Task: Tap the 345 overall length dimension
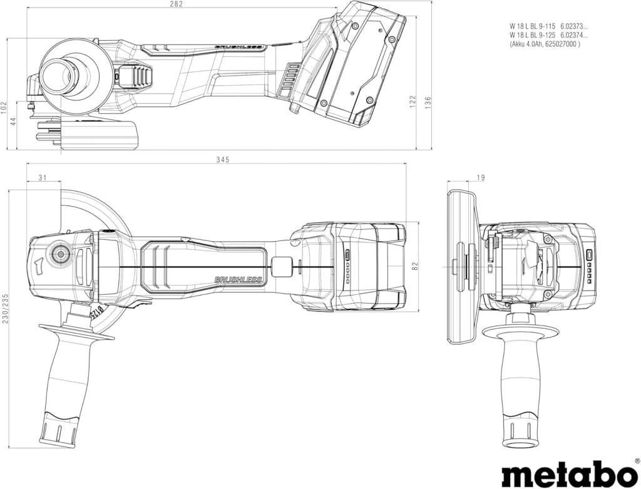pyautogui.click(x=223, y=160)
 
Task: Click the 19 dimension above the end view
pyautogui.click(x=481, y=177)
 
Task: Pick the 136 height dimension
pyautogui.click(x=428, y=102)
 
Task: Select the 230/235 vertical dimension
pyautogui.click(x=5, y=308)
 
